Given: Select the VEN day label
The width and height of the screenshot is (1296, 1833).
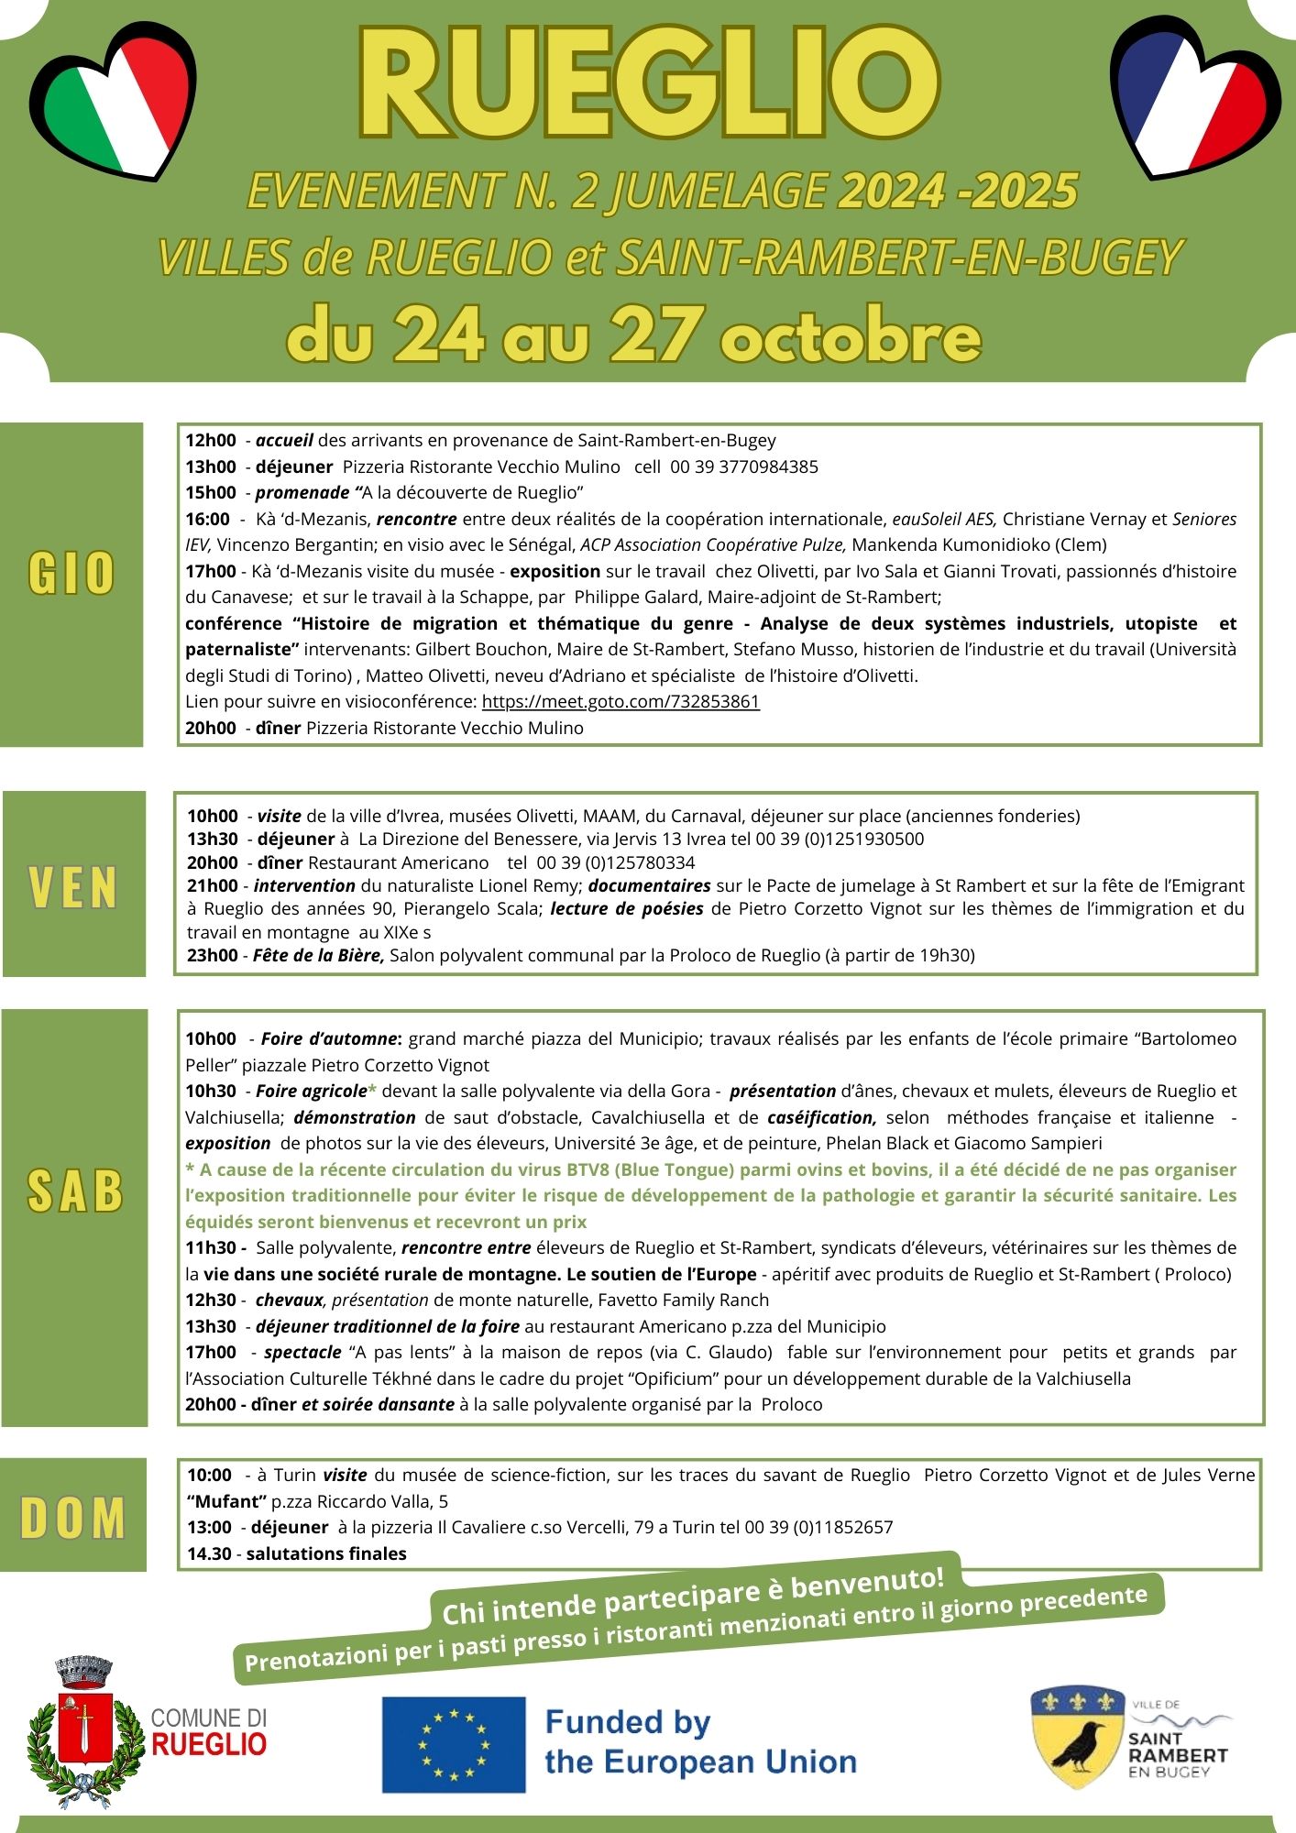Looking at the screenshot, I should [73, 887].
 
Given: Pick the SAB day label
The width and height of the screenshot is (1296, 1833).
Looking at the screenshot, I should [75, 1191].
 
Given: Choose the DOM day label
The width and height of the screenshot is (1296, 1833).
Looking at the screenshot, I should [73, 1519].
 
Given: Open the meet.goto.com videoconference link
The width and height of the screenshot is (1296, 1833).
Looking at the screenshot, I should [621, 701].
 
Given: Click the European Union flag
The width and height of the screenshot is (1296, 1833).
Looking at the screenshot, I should [454, 1744].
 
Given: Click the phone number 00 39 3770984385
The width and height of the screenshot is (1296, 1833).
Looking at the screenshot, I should [743, 466].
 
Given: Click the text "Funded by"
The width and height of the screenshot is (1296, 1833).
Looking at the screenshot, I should [628, 1723].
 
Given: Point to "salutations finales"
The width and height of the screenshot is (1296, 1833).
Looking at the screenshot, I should [326, 1553].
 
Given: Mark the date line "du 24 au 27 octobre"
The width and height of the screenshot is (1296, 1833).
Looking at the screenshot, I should [634, 336].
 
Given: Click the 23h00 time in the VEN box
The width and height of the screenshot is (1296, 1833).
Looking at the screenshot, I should [212, 955].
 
